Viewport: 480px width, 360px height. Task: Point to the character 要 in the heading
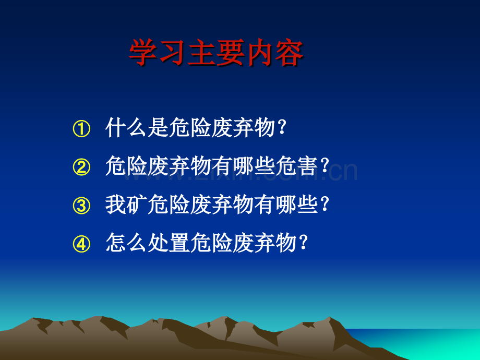coord(231,52)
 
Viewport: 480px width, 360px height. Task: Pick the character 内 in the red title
coord(260,52)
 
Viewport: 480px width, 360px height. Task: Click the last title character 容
coord(289,52)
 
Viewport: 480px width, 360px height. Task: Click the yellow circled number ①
coord(81,129)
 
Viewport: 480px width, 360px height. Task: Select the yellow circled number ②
coord(81,167)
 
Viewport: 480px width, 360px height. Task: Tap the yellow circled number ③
coord(81,206)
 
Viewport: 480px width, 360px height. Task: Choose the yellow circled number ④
coord(81,244)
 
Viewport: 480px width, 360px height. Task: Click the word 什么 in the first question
coord(126,127)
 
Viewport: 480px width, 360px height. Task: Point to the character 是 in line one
coord(158,127)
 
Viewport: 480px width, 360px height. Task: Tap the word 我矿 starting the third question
coord(126,204)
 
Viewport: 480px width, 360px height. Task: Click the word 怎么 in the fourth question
coord(126,243)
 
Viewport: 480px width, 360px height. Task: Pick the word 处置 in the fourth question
coord(169,243)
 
